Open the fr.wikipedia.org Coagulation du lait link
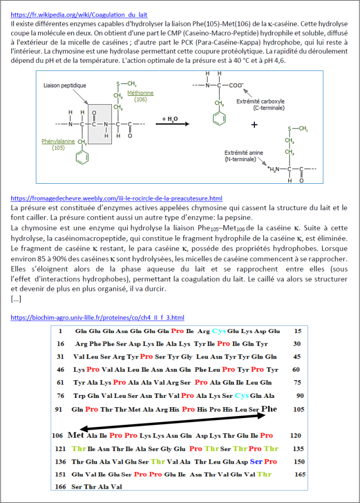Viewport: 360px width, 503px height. coord(79,15)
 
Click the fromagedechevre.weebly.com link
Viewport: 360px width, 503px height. coord(116,198)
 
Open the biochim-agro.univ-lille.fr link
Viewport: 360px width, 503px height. coord(97,318)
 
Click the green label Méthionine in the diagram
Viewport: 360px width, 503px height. coord(140,93)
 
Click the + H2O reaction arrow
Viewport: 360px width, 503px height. coord(172,124)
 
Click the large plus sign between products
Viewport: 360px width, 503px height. coord(254,125)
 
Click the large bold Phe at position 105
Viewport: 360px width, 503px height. coord(269,409)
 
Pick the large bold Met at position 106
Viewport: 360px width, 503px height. coord(76,435)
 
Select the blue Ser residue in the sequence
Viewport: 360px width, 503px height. coord(256,461)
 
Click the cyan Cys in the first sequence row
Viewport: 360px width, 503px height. coord(219,331)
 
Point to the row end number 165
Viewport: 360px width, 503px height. coord(300,474)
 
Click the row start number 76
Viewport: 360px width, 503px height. coord(60,395)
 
